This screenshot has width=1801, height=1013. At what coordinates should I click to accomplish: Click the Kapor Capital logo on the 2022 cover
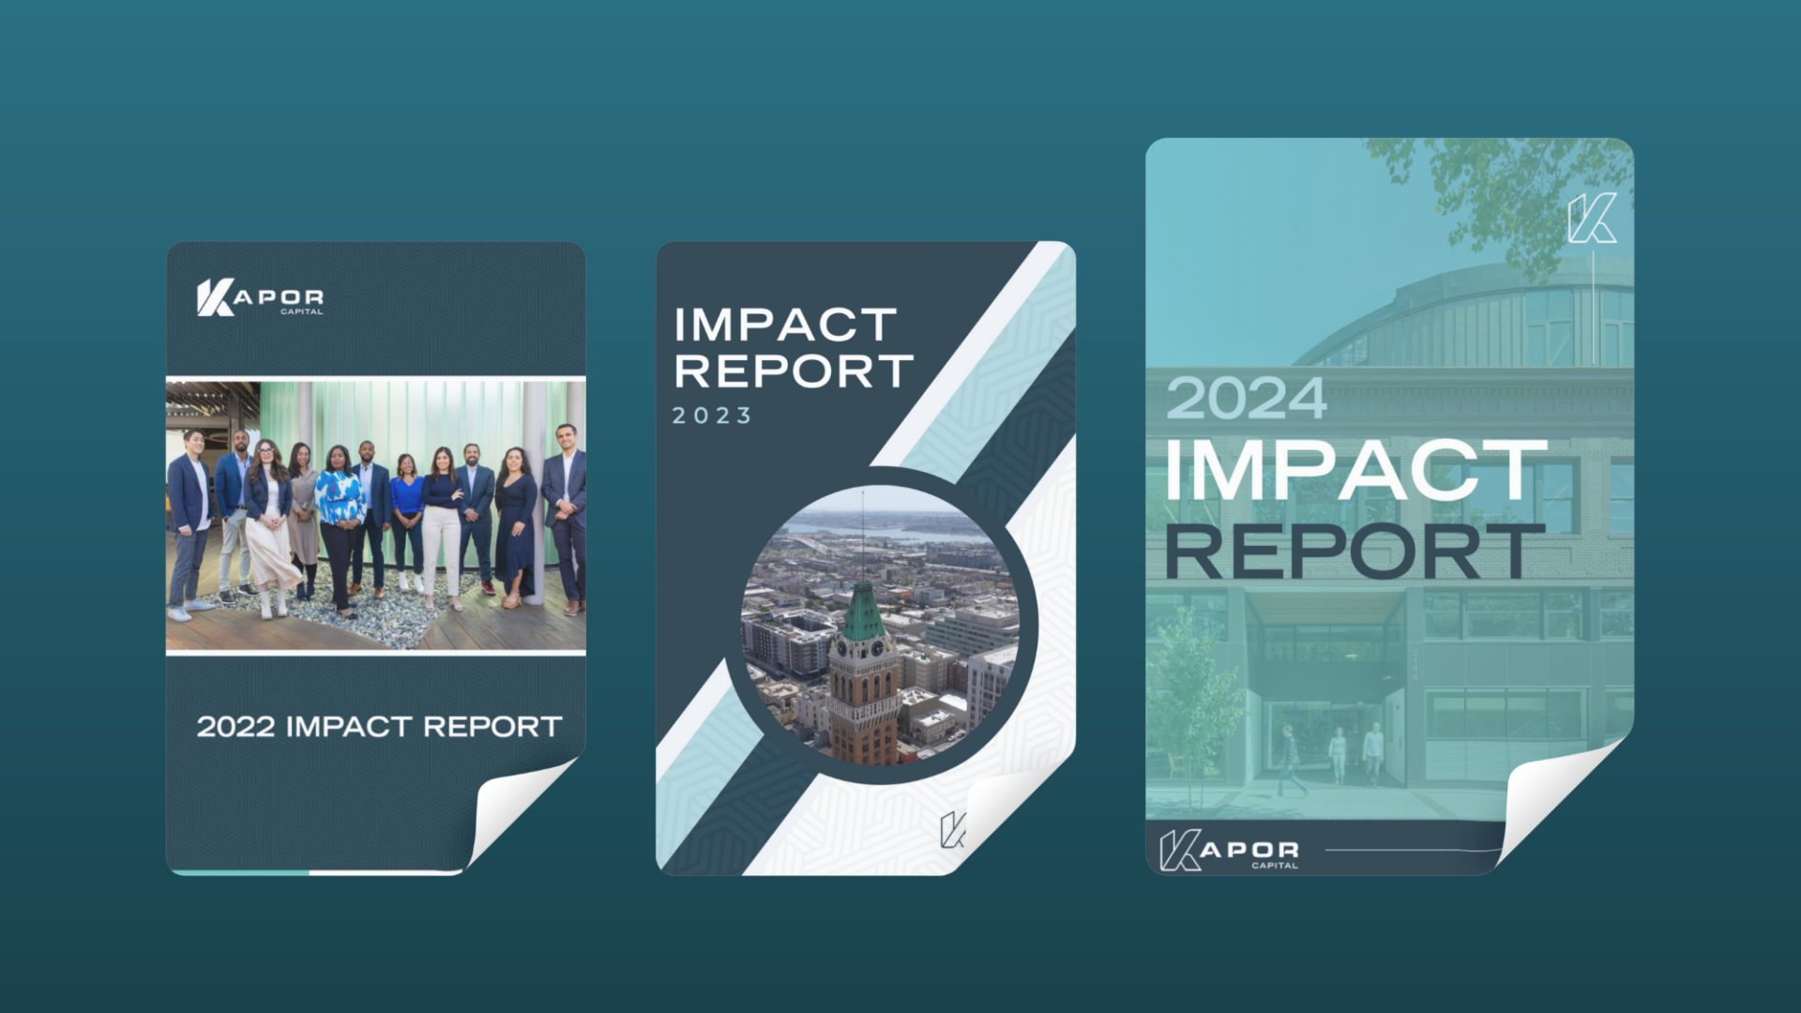point(260,297)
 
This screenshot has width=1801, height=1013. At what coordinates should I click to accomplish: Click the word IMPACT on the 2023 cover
point(785,325)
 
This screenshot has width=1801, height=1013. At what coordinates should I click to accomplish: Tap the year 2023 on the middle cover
point(712,416)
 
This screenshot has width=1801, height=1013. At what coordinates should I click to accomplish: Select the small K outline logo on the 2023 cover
point(952,830)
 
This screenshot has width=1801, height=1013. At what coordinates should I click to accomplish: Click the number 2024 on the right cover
point(1246,399)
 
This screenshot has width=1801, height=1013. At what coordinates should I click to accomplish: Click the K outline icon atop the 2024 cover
point(1592,219)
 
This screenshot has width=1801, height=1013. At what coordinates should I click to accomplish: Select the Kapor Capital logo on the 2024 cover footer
point(1229,851)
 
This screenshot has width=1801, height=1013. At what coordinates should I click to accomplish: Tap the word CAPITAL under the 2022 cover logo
point(301,311)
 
